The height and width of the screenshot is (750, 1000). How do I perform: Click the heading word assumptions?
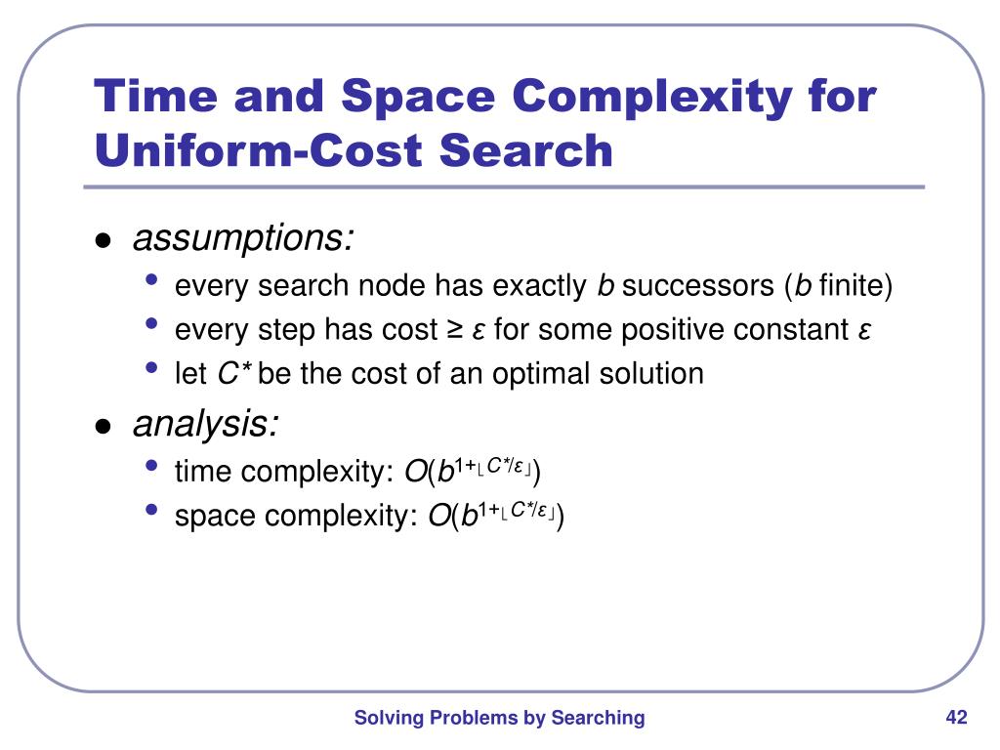point(243,237)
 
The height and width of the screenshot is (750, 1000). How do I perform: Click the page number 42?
point(956,718)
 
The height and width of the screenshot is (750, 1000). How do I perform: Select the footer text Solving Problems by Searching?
point(499,718)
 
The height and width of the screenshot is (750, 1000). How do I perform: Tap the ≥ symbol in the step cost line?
point(455,330)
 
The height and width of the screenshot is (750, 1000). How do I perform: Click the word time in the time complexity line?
point(203,473)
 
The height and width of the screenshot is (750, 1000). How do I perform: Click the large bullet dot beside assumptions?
point(103,241)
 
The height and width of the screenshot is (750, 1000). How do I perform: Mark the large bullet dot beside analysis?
point(103,427)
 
